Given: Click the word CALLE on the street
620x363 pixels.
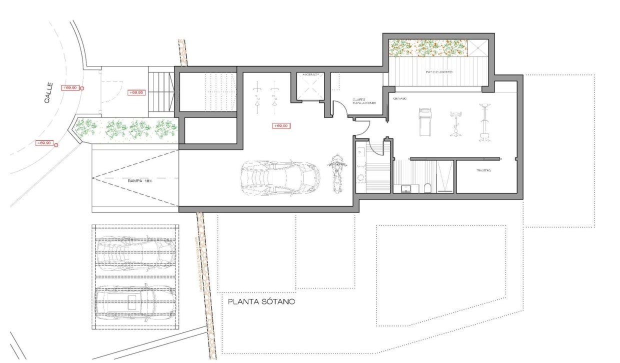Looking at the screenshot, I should [48, 96].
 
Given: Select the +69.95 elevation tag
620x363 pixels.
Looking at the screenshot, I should [136, 92].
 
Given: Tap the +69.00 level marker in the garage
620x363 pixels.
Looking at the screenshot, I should [280, 125].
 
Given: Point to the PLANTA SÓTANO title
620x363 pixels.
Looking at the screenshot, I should [261, 302].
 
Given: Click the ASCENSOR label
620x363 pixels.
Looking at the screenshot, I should [310, 74].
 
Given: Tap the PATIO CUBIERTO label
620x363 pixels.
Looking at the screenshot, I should [439, 72].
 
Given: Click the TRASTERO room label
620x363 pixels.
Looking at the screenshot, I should [482, 171].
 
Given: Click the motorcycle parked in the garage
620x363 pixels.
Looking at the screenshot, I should [337, 173].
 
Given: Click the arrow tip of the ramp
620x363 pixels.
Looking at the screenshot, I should [94, 178].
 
